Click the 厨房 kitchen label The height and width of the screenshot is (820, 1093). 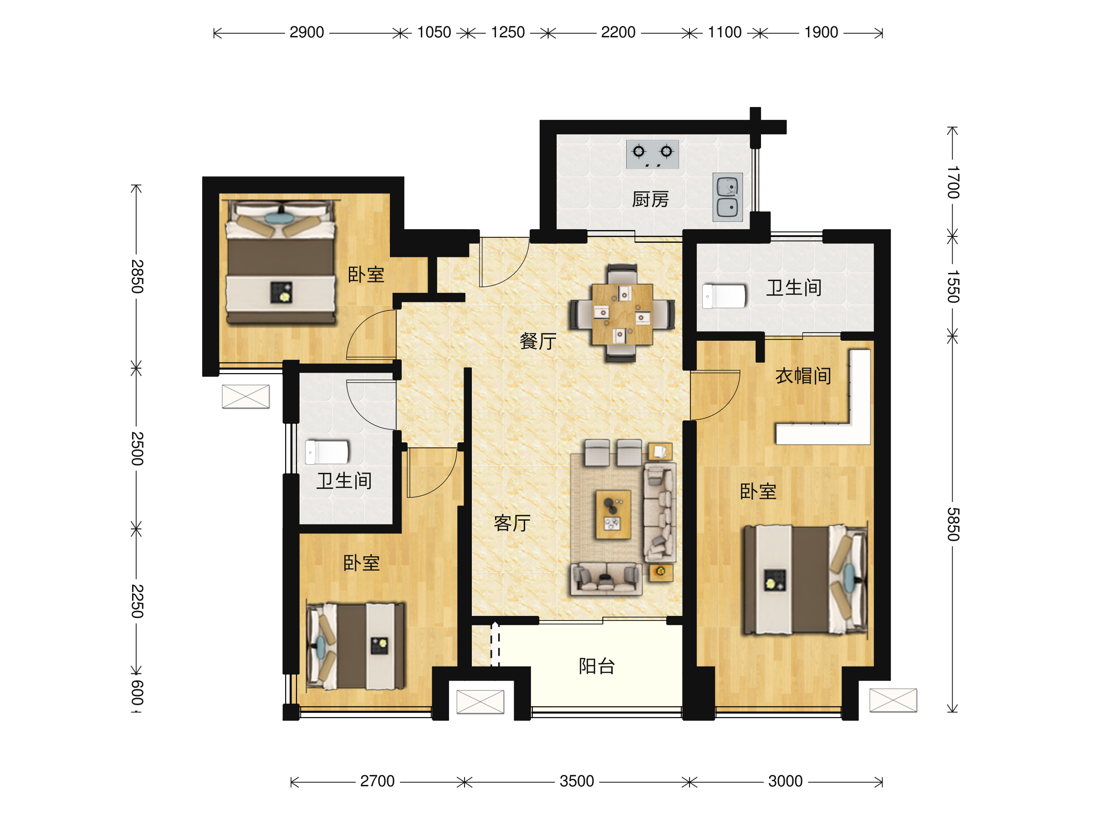[x=650, y=199]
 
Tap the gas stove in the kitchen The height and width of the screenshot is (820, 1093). [x=652, y=154]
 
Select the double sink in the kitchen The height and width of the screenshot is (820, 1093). [x=727, y=197]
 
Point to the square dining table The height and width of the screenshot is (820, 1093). [x=622, y=314]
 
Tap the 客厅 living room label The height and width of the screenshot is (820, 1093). [x=512, y=523]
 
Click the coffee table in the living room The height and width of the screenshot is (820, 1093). [x=613, y=514]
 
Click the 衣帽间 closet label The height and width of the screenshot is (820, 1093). [x=803, y=376]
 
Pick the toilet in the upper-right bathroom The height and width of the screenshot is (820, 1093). [x=724, y=296]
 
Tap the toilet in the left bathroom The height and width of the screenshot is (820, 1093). [x=327, y=452]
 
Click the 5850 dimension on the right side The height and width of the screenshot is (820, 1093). [x=953, y=524]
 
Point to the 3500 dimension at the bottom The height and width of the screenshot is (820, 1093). [x=577, y=781]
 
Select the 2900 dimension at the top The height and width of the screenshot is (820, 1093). [x=307, y=33]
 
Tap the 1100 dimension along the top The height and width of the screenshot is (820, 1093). [x=725, y=33]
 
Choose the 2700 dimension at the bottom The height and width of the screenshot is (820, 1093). [x=377, y=781]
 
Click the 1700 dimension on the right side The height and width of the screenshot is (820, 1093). [x=953, y=182]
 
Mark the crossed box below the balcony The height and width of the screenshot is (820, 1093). [x=480, y=702]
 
